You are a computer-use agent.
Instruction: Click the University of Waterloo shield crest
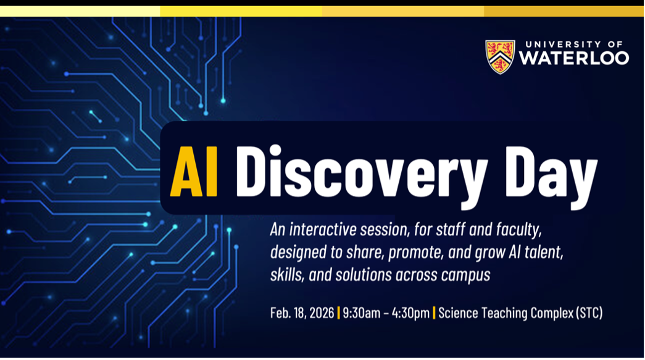(x=499, y=57)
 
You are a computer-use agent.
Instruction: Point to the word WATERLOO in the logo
(x=573, y=59)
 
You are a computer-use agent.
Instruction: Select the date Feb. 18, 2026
(x=302, y=313)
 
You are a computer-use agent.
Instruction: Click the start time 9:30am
(x=363, y=313)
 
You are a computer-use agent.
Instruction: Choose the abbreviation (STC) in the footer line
(x=589, y=313)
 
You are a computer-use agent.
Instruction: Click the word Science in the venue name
(x=458, y=313)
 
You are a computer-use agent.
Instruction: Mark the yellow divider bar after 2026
(x=338, y=313)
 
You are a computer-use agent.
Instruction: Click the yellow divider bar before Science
(x=434, y=313)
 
